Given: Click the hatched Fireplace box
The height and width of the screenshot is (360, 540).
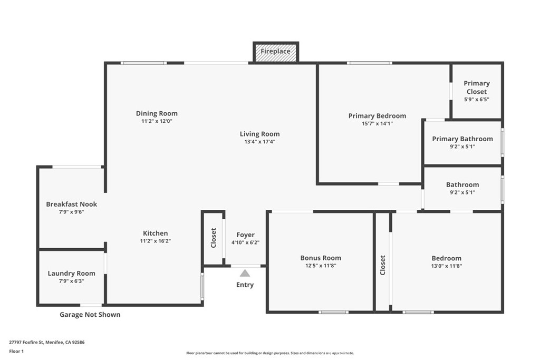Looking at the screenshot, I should pyautogui.click(x=276, y=52).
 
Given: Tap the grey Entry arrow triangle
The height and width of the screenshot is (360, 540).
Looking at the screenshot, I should pyautogui.click(x=245, y=273).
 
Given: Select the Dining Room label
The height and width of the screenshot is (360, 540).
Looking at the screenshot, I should pyautogui.click(x=157, y=113).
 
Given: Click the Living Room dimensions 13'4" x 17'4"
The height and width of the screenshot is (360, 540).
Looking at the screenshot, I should pyautogui.click(x=259, y=142).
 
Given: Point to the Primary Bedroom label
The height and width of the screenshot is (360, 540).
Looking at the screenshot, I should pyautogui.click(x=377, y=116).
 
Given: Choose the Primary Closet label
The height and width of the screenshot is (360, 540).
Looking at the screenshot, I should pyautogui.click(x=477, y=87).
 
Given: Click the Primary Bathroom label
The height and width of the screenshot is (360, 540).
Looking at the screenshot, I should pyautogui.click(x=462, y=139).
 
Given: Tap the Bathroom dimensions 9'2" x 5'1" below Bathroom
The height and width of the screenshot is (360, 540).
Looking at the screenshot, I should pyautogui.click(x=462, y=192).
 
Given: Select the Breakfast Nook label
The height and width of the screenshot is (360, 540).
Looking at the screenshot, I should pyautogui.click(x=71, y=204).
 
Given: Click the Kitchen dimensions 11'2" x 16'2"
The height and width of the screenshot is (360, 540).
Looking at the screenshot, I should pyautogui.click(x=156, y=241).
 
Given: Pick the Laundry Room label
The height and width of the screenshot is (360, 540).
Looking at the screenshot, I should pyautogui.click(x=71, y=273).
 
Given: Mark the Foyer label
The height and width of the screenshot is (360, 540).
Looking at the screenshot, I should pyautogui.click(x=245, y=235).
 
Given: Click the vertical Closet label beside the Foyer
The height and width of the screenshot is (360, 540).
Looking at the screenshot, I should pyautogui.click(x=214, y=237).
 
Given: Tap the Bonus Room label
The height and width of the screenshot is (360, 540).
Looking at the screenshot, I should pyautogui.click(x=321, y=258).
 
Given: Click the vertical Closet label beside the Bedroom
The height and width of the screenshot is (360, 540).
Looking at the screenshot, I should pyautogui.click(x=383, y=265).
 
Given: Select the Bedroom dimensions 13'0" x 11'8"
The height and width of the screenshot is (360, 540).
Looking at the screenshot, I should pyautogui.click(x=446, y=266).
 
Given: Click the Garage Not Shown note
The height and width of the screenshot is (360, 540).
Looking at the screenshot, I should pyautogui.click(x=90, y=315).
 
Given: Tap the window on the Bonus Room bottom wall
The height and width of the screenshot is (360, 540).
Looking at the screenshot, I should pyautogui.click(x=333, y=312).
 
